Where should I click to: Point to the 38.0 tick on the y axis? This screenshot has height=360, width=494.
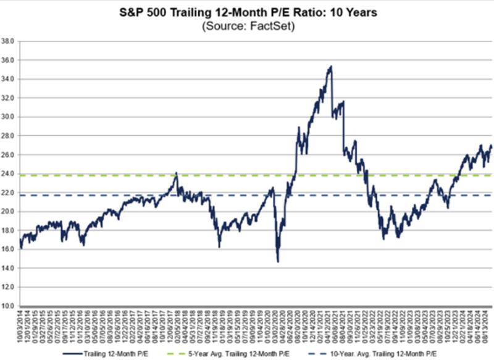tap(9, 42)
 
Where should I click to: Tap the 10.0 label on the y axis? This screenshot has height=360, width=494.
tap(9, 306)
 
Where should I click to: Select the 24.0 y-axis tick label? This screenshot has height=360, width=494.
tap(9, 174)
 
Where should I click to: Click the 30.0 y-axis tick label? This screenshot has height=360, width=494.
tap(9, 117)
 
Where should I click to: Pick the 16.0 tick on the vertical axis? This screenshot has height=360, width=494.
tap(9, 249)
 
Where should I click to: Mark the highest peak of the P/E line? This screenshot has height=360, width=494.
tap(332, 66)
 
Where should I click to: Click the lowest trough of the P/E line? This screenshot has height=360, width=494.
tap(278, 262)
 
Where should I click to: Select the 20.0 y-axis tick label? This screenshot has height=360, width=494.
tap(9, 212)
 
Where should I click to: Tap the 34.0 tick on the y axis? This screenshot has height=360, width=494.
tap(9, 80)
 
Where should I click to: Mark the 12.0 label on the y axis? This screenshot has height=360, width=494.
tap(9, 287)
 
